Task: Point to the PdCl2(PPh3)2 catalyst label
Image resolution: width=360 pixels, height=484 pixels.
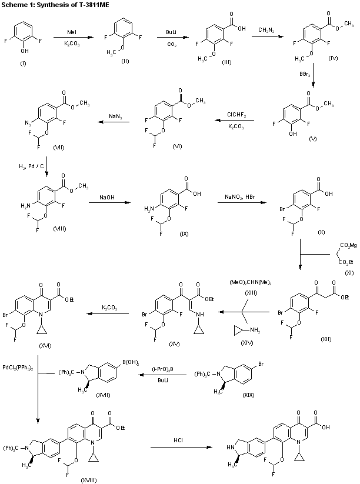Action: click(x=16, y=368)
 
